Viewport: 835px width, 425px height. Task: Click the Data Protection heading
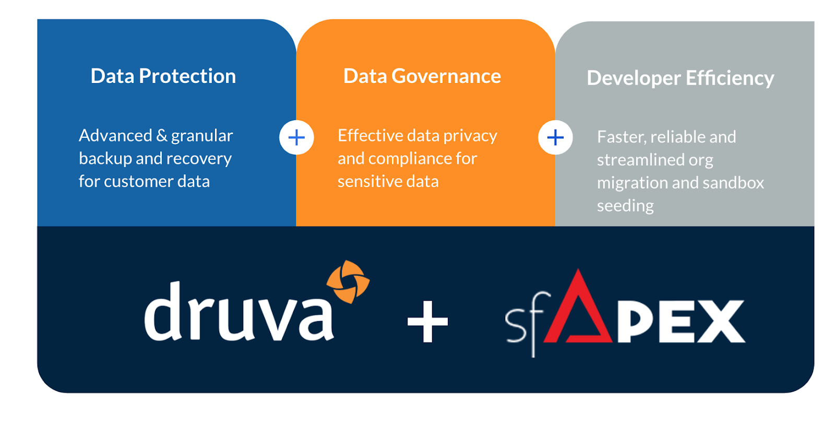[163, 76]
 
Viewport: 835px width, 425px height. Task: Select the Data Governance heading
[422, 76]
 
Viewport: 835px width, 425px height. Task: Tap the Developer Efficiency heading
[680, 78]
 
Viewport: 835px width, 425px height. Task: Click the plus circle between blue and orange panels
[296, 138]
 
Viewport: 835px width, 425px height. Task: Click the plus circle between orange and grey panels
[555, 138]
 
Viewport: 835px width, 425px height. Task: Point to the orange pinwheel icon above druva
[348, 281]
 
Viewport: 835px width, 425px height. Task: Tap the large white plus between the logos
[427, 322]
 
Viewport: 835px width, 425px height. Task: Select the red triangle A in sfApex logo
[578, 311]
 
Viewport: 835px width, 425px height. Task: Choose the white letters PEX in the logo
[681, 322]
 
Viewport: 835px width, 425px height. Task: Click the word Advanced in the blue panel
[115, 136]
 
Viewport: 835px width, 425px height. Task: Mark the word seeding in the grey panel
[625, 206]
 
